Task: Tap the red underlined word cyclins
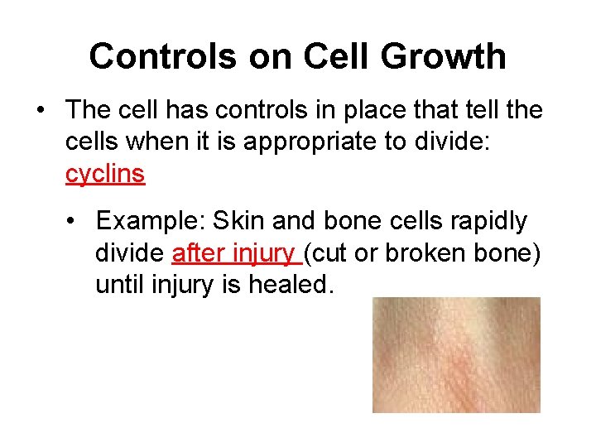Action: (105, 175)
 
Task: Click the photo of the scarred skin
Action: (456, 354)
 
